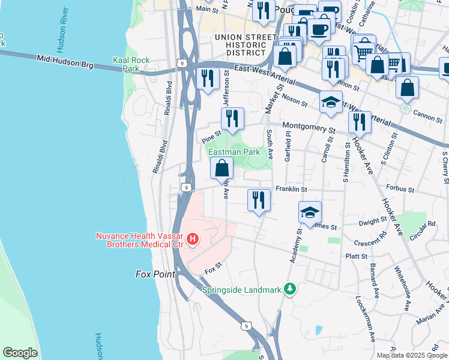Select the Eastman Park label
pyautogui.click(x=234, y=152)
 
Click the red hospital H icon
pyautogui.click(x=193, y=241)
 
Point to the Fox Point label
pyautogui.click(x=154, y=274)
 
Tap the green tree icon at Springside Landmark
pyautogui.click(x=290, y=290)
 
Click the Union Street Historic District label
pyautogui.click(x=240, y=45)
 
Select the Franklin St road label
pyautogui.click(x=291, y=190)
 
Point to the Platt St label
pyautogui.click(x=355, y=256)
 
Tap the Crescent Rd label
pyautogui.click(x=370, y=243)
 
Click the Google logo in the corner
pyautogui.click(x=20, y=353)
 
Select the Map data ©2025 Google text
pyautogui.click(x=411, y=355)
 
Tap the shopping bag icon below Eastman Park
pyautogui.click(x=221, y=169)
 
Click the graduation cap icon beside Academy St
pyautogui.click(x=310, y=212)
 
